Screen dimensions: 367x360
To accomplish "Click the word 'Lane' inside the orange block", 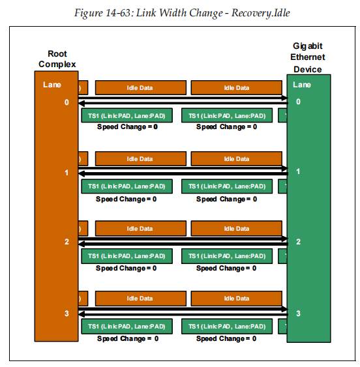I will pos(52,84).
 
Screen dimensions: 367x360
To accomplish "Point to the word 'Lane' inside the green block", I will pos(302,84).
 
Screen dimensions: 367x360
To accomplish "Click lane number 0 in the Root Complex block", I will pos(66,102).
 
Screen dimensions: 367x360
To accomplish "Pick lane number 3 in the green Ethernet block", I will pos(299,314).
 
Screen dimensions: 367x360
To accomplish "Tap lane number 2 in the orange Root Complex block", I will pos(66,242).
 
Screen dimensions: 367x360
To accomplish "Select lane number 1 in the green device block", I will pos(299,171).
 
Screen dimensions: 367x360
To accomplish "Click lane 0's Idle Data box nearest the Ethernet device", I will pos(236,88).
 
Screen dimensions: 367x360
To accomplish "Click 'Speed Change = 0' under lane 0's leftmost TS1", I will pos(127,126).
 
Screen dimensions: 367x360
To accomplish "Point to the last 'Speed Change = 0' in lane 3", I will pos(226,339).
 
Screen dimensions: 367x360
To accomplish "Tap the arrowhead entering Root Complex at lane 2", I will pos(82,244).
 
